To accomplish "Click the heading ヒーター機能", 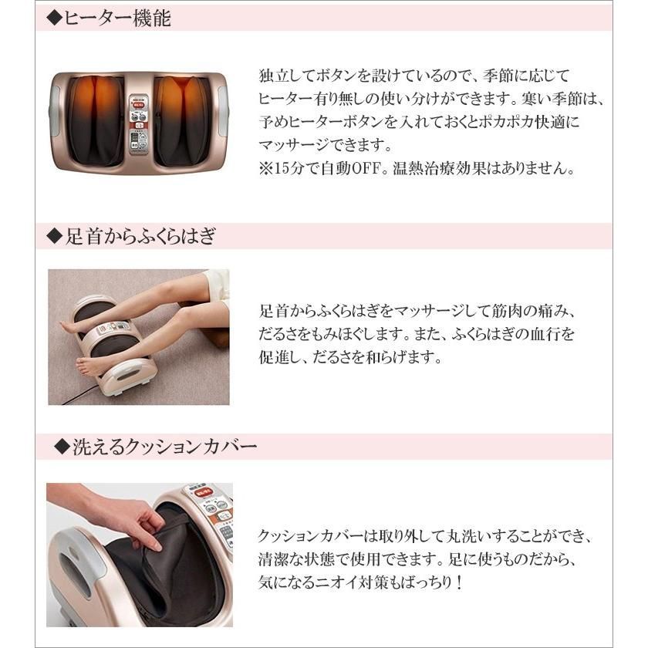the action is tap(117, 19).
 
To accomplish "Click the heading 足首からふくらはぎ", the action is tap(140, 236).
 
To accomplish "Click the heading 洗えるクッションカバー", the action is tap(164, 447).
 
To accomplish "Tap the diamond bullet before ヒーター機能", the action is tap(54, 19).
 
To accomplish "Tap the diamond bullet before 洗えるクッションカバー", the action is tap(62, 447).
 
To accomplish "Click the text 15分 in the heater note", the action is tap(288, 169).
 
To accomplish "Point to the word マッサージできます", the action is tap(326, 145).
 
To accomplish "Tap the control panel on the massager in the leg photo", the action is tap(113, 329).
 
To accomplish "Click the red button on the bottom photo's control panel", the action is tap(204, 492).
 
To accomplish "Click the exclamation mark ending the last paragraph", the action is tap(459, 582).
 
